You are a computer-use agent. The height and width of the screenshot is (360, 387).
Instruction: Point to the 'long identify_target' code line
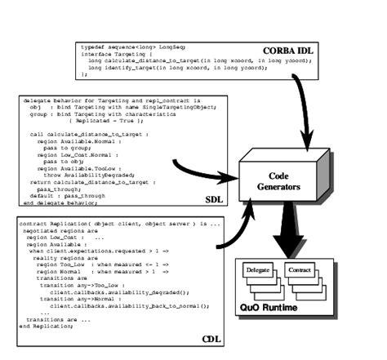[x=162, y=67]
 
